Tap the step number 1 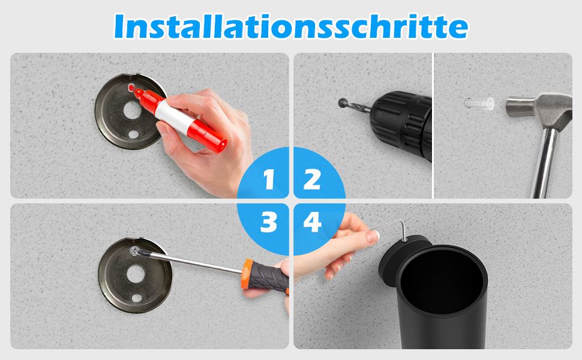coord(269,179)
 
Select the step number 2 coord(312,179)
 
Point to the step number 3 coord(269,223)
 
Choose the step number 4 coord(312,223)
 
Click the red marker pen coord(179,116)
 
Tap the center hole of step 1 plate coord(132,110)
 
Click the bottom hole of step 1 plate coord(133,134)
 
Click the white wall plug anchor coord(479,104)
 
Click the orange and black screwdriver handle coord(265,277)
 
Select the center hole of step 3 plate coord(136,274)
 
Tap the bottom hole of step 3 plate coord(137,298)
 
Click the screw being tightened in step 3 coord(135,251)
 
